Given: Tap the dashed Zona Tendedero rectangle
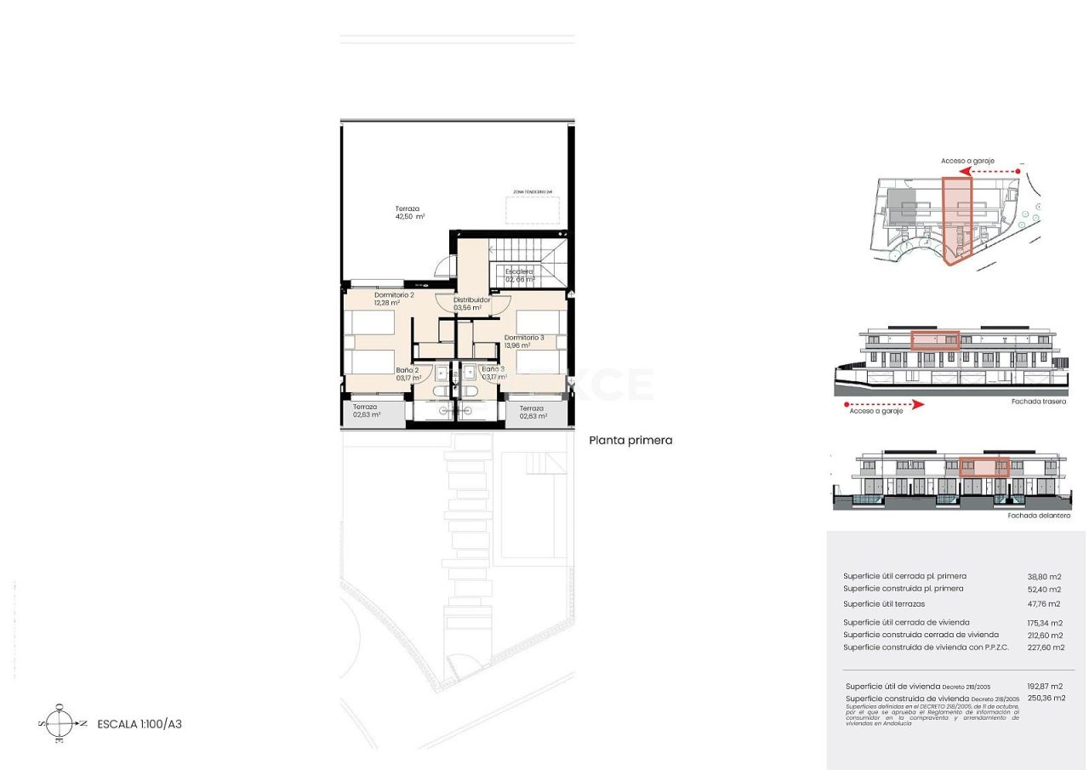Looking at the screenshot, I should [x=533, y=210].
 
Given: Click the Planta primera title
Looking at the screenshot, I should [x=630, y=441].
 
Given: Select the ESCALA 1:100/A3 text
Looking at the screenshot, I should [x=140, y=724].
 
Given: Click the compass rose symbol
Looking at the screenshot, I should [x=59, y=724].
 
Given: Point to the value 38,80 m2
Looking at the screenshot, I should [x=1044, y=577].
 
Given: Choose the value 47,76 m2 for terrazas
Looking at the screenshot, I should [x=1044, y=604].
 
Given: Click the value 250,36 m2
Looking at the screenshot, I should [x=1046, y=698].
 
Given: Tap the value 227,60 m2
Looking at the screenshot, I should [x=1046, y=647].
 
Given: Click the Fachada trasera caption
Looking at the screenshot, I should [x=1038, y=402].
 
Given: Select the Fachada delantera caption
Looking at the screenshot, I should [x=1039, y=516].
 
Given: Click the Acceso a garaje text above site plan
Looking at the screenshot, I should [x=967, y=161].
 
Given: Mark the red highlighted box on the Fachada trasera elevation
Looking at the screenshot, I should [x=935, y=340].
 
